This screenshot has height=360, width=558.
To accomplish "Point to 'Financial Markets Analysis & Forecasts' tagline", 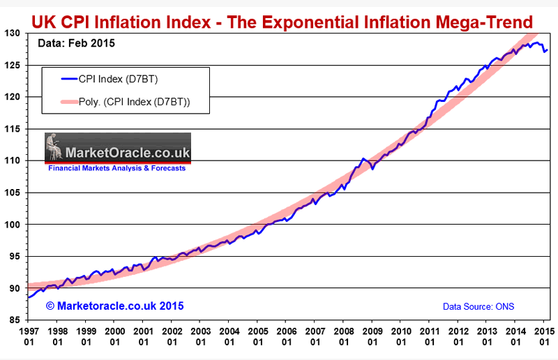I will [116, 168].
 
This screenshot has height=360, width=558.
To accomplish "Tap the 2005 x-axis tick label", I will [258, 335].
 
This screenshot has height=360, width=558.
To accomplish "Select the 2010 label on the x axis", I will [401, 335].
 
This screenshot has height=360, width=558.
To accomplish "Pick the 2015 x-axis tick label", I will [545, 335].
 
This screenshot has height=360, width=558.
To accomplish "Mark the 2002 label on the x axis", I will [172, 335].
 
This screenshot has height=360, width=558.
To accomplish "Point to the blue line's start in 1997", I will [28, 297].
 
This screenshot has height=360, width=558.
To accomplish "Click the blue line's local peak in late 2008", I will [363, 159].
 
